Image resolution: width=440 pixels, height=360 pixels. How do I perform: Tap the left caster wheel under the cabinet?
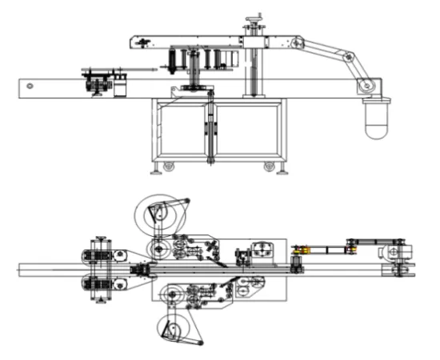168,166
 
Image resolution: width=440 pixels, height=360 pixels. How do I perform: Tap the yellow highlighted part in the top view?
303,254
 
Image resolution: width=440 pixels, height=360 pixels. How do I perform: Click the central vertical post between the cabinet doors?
210,132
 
